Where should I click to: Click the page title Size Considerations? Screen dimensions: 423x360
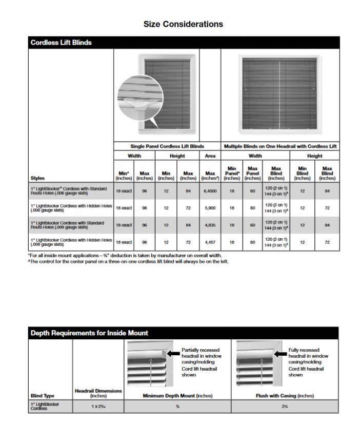(x=183, y=24)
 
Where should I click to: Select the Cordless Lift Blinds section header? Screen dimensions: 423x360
(x=61, y=43)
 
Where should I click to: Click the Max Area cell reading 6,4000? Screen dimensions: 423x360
(x=210, y=191)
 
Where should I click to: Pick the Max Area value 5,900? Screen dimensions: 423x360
(x=210, y=208)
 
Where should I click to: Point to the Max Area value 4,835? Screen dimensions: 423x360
(x=210, y=225)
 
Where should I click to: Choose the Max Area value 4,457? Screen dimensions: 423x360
(x=210, y=242)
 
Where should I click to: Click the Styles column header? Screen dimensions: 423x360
(x=38, y=178)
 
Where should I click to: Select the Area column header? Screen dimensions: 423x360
(x=210, y=156)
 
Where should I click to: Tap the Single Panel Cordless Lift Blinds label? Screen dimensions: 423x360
(x=167, y=146)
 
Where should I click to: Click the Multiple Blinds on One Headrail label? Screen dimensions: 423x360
(x=280, y=146)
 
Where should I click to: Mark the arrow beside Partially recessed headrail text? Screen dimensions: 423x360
(x=174, y=353)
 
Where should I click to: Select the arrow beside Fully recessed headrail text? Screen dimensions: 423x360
(x=281, y=353)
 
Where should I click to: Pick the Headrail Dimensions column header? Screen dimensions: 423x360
(x=98, y=393)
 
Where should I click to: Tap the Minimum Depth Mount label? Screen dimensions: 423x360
(x=177, y=396)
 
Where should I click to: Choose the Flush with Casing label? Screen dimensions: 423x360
(x=285, y=396)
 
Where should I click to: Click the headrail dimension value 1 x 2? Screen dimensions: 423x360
(x=98, y=406)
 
